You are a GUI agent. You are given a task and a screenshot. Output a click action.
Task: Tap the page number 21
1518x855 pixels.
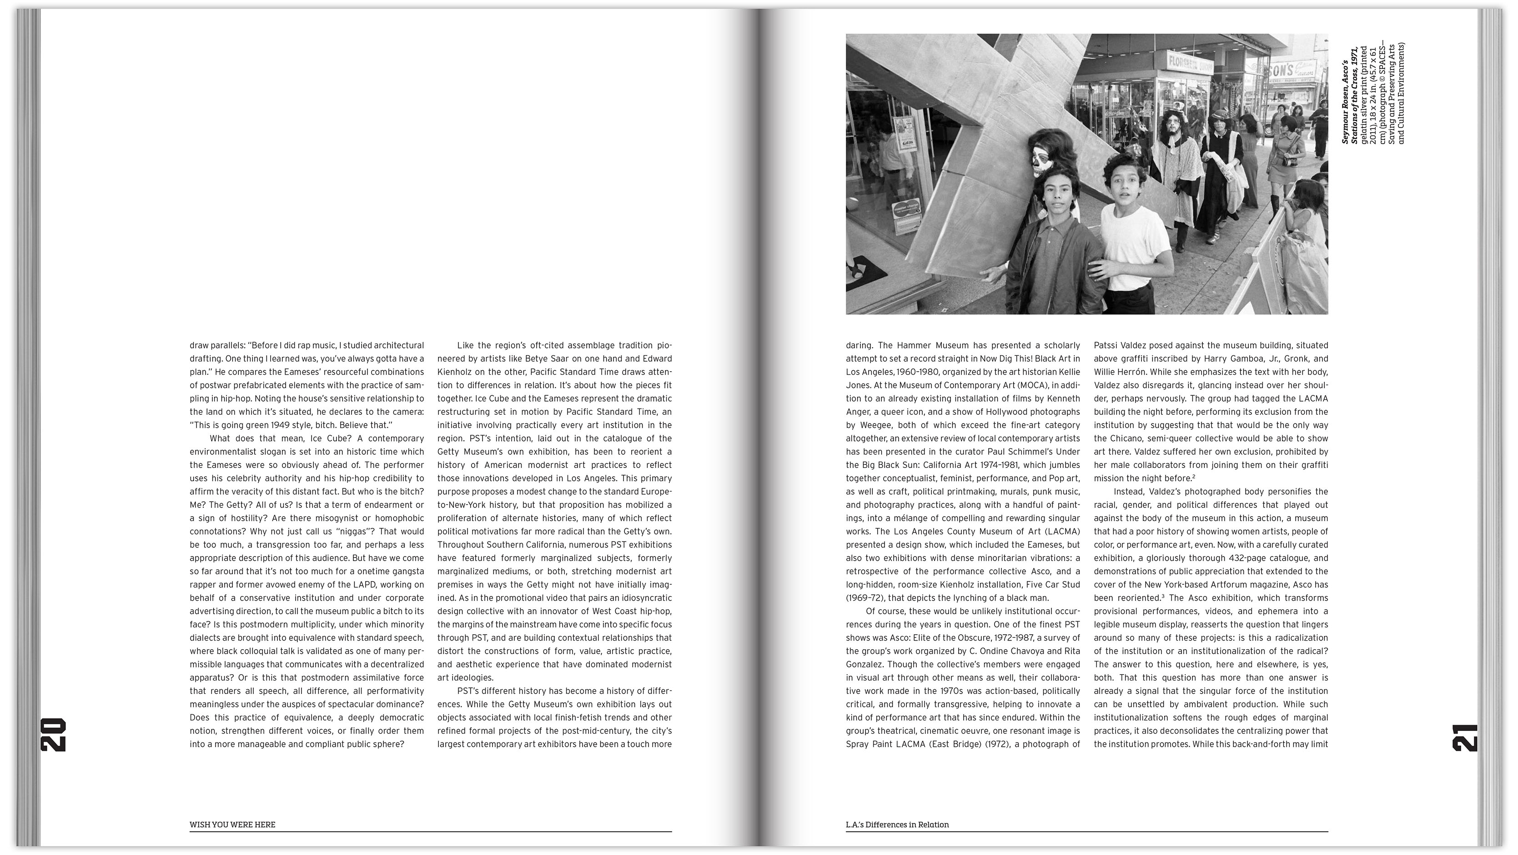point(1465,737)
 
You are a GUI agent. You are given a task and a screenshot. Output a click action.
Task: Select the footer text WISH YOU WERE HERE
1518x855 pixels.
point(232,825)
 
